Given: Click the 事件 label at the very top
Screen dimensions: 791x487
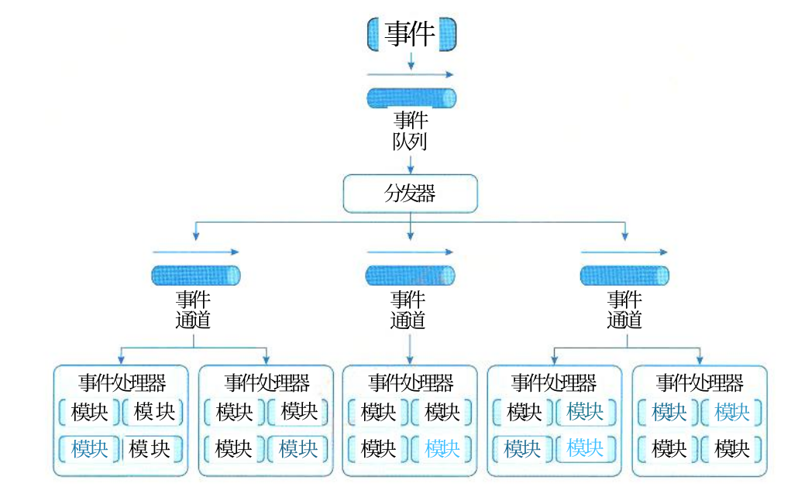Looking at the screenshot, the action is pos(410,34).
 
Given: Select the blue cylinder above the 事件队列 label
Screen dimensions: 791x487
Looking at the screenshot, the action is pos(411,98).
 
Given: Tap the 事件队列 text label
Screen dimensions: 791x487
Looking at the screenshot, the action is pos(410,131).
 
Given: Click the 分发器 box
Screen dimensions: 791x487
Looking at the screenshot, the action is pos(410,194).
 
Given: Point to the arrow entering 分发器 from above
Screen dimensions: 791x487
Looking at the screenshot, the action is pos(411,164).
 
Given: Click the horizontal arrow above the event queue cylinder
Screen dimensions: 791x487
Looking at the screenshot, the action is pos(410,74).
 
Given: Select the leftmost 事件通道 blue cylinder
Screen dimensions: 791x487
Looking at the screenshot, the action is pos(196,276).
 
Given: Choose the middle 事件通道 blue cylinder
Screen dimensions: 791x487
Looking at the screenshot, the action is pos(410,276).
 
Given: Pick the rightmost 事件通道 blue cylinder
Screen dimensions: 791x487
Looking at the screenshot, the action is pos(624,276).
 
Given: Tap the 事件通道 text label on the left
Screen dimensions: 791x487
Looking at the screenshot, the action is pos(193,310).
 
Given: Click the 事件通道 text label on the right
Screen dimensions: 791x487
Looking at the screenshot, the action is pos(624,310).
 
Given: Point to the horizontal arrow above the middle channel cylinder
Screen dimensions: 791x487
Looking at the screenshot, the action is pos(410,252).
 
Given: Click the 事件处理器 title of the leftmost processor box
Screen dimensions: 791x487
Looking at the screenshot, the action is pos(122,382).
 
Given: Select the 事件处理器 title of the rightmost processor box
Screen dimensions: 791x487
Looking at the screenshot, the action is pos(700,382).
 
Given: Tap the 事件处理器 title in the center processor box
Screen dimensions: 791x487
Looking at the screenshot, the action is pos(411,382).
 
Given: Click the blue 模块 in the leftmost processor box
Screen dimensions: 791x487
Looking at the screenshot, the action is pos(90,448).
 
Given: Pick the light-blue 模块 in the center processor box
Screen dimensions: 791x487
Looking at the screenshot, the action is pos(442,448).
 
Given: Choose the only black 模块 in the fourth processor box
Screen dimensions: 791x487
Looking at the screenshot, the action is pos(524,412).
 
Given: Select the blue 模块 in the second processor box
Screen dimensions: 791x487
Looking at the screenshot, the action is pos(298,448).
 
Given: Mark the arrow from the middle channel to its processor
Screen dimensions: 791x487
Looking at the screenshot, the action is pos(410,348).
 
